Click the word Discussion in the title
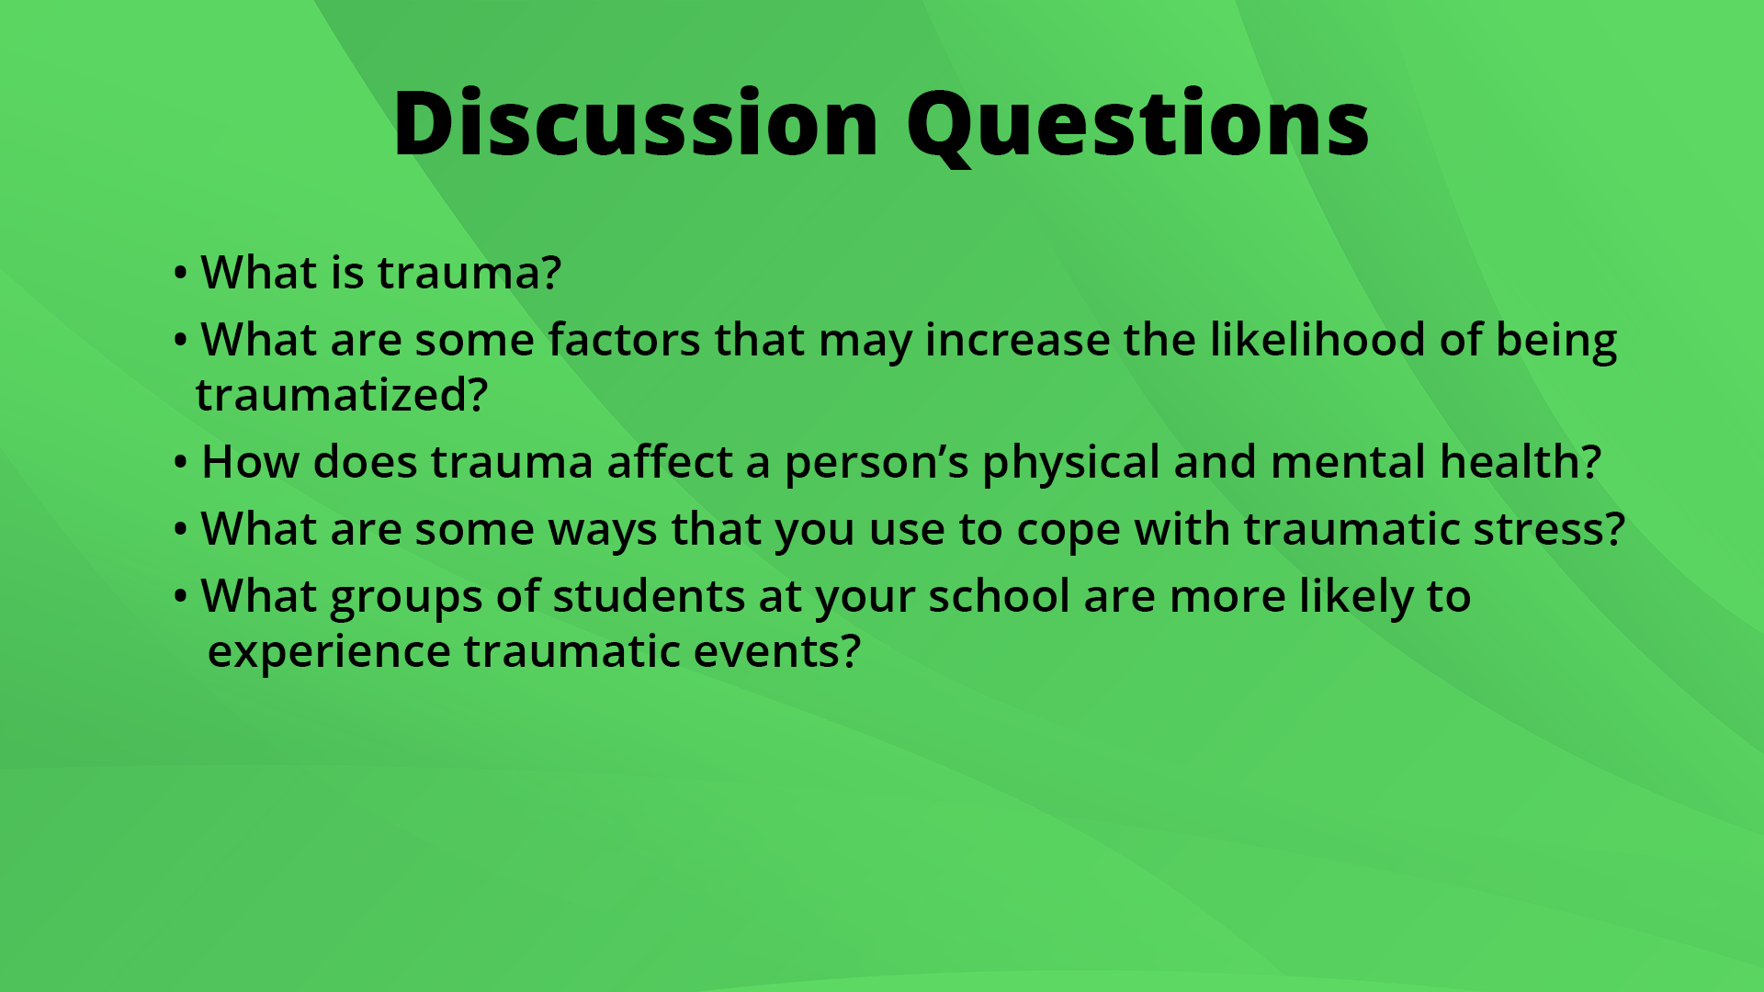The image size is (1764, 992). click(x=636, y=124)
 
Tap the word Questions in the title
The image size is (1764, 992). click(x=1137, y=124)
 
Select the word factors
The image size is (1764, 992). click(x=625, y=340)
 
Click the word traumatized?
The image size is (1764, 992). click(x=342, y=395)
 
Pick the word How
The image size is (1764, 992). click(x=250, y=462)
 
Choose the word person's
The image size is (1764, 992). click(x=876, y=462)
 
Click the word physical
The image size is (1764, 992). click(x=1070, y=462)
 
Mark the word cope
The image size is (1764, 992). click(x=1068, y=530)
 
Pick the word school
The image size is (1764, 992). click(x=999, y=597)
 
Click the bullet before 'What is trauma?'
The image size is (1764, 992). click(x=180, y=274)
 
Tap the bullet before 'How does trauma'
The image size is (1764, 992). click(x=180, y=463)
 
